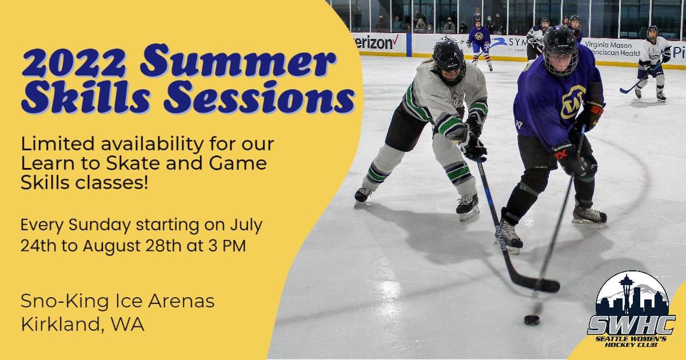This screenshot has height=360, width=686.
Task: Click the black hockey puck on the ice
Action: coord(532,319)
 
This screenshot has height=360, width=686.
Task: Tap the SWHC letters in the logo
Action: coord(631,326)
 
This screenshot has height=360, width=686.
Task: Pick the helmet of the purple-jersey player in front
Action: coord(560,49)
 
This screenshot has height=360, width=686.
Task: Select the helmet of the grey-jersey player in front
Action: coord(449,61)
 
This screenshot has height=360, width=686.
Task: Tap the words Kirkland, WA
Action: coord(82,324)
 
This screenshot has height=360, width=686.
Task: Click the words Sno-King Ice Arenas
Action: coord(117,301)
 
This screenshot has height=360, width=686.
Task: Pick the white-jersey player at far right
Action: coord(652,63)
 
